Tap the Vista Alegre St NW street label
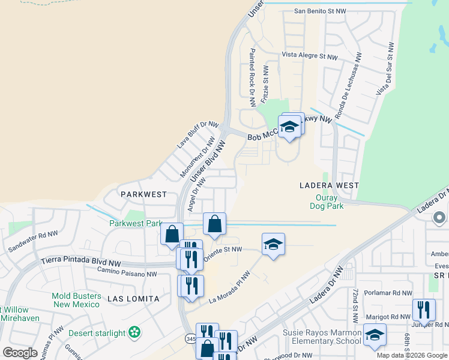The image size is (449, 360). pyautogui.click(x=310, y=56)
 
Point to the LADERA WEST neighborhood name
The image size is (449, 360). pyautogui.click(x=329, y=185)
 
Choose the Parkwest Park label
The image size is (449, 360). pyautogui.click(x=136, y=224)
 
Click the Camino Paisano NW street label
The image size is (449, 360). pyautogui.click(x=127, y=274)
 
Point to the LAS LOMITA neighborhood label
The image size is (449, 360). pyautogui.click(x=133, y=298)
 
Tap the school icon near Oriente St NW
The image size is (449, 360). pyautogui.click(x=273, y=244)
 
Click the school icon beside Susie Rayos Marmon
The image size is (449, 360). pyautogui.click(x=375, y=335)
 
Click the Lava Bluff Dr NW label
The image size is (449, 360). pyautogui.click(x=197, y=135)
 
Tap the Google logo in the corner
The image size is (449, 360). pyautogui.click(x=20, y=353)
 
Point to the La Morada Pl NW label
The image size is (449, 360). pyautogui.click(x=229, y=288)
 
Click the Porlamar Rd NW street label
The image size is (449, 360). pyautogui.click(x=390, y=293)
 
